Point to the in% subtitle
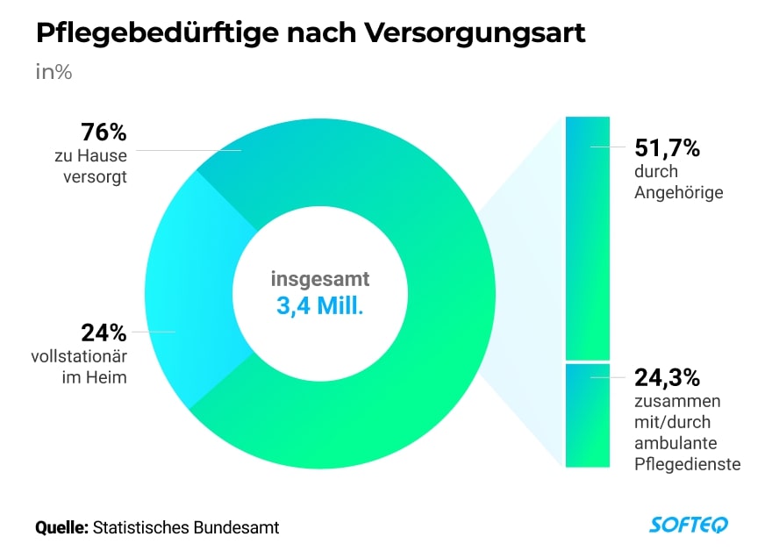pyautogui.click(x=54, y=72)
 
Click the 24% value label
pyautogui.click(x=104, y=333)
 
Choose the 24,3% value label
pyautogui.click(x=668, y=378)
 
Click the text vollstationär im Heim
pyautogui.click(x=82, y=367)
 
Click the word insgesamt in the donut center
pyautogui.click(x=320, y=281)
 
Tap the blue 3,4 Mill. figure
pyautogui.click(x=320, y=308)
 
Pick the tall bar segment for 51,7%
pyautogui.click(x=587, y=237)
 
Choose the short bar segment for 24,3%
pyautogui.click(x=587, y=415)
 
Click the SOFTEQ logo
pyautogui.click(x=688, y=526)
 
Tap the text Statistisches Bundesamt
pyautogui.click(x=186, y=527)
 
